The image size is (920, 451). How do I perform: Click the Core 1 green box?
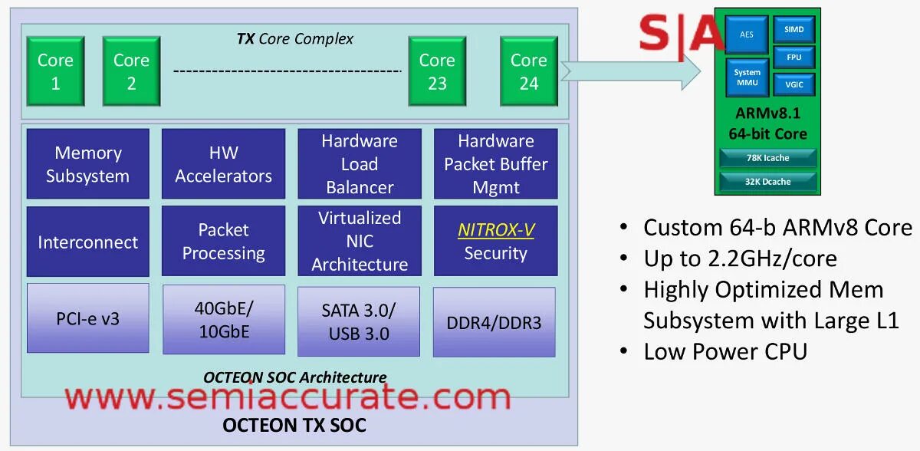coord(55,71)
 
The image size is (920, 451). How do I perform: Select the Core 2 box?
coord(131,71)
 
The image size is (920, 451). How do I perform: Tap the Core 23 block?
coord(437,71)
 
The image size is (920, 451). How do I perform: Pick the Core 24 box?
coord(529,71)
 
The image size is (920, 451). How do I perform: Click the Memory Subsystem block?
coord(88,164)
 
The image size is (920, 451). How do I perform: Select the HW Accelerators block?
coord(223,164)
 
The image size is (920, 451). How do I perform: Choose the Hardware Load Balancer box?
coord(360,164)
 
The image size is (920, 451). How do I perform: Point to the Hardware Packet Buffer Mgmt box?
coord(495,164)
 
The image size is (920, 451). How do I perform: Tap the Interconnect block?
coord(88,242)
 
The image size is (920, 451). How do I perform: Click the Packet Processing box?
coord(223,242)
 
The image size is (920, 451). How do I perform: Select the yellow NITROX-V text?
coord(496,230)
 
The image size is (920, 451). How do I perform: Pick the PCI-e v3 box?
coord(88,318)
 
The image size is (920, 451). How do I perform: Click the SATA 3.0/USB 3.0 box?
coord(359,322)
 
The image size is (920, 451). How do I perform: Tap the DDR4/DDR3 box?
coord(495,322)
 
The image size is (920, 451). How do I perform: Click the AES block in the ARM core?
coord(747,35)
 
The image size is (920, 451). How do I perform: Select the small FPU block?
coord(793,58)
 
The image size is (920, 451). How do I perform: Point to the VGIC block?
coord(793,84)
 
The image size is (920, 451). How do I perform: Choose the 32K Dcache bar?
coord(767,182)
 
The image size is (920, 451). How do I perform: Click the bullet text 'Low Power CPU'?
coord(725,351)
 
